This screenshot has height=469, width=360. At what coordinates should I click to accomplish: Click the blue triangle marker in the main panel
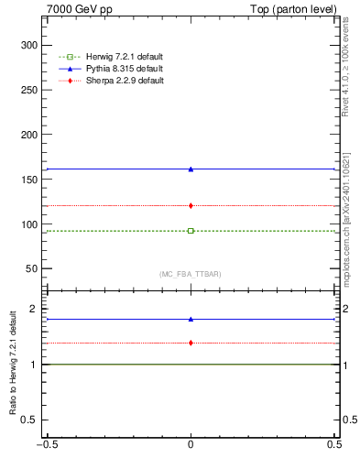(x=191, y=169)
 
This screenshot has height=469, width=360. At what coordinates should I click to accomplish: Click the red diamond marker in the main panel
(x=191, y=205)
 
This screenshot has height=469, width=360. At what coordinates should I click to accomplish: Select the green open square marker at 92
(x=191, y=231)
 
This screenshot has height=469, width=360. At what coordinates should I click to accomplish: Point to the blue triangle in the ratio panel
(x=191, y=319)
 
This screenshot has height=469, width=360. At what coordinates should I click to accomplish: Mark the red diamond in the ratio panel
(x=191, y=343)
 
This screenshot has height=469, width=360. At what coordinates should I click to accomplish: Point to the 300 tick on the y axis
(x=29, y=45)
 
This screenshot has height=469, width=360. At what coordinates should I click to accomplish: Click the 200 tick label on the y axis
(x=29, y=135)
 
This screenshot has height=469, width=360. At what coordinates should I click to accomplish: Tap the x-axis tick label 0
(x=191, y=445)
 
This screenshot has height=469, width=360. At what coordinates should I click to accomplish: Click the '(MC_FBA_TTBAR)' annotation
(x=190, y=274)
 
